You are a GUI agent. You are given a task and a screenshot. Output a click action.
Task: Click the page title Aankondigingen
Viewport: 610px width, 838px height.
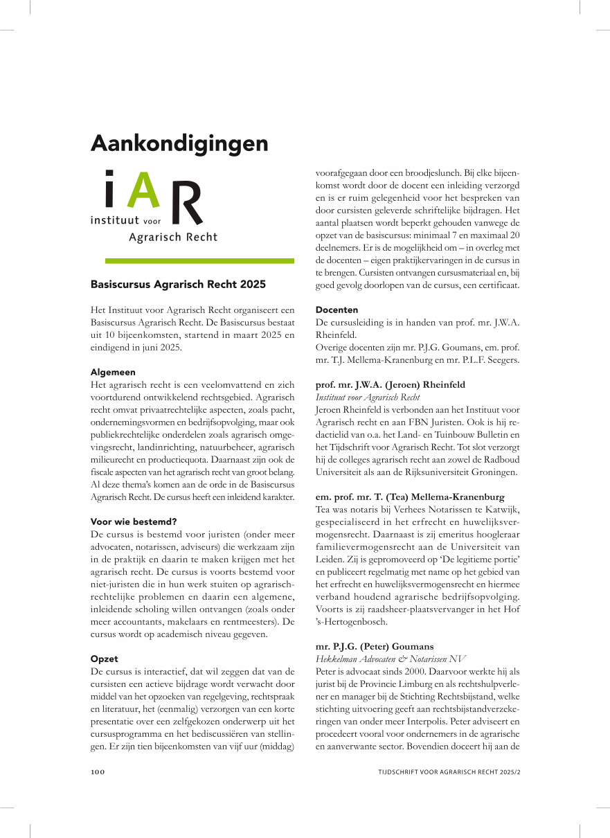click(x=179, y=143)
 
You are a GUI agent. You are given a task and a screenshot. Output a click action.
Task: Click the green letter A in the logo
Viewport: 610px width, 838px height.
click(x=143, y=190)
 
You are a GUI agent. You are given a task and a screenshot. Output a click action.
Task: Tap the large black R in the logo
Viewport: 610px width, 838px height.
click(x=186, y=202)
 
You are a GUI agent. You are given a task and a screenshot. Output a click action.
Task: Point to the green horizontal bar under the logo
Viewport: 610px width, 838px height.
click(x=199, y=261)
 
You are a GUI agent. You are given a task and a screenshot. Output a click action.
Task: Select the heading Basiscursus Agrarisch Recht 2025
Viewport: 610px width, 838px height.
click(x=178, y=284)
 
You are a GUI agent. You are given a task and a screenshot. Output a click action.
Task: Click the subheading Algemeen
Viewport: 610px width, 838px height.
click(x=113, y=372)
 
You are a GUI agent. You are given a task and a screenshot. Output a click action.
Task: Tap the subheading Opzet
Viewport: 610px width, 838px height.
click(x=105, y=659)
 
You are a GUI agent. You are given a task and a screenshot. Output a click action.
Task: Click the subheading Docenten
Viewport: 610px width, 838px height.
click(x=337, y=310)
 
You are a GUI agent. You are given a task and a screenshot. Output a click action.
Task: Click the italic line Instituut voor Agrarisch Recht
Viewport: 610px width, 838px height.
click(x=368, y=397)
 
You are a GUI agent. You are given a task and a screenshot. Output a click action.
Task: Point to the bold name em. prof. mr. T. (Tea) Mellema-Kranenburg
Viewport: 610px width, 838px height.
click(x=410, y=497)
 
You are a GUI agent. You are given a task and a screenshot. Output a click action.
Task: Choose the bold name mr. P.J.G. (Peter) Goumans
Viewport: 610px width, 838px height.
click(x=375, y=646)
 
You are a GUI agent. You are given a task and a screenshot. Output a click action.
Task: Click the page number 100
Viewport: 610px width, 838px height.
click(x=98, y=772)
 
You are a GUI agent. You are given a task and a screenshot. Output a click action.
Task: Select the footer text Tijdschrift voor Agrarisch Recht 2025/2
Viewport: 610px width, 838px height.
click(x=449, y=772)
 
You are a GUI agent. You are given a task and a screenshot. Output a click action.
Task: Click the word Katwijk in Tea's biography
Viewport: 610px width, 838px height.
click(x=503, y=510)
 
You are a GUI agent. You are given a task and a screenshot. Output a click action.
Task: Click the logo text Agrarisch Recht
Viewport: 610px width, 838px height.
click(x=173, y=238)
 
